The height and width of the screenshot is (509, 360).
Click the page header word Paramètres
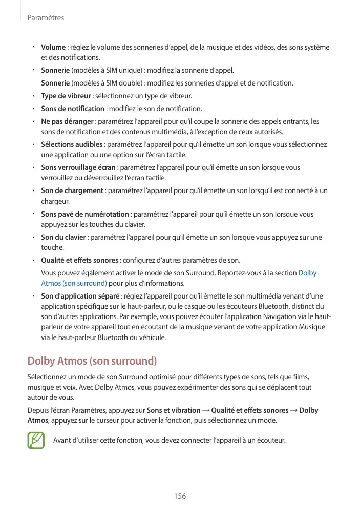click(x=45, y=18)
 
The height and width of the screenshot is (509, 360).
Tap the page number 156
click(x=180, y=496)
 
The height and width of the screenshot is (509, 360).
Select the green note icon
click(x=36, y=440)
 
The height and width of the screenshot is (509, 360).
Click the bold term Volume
click(x=53, y=48)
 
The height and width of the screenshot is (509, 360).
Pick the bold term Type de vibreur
click(x=66, y=96)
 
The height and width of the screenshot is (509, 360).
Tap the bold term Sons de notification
click(x=72, y=109)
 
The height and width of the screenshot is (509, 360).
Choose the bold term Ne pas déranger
click(x=67, y=121)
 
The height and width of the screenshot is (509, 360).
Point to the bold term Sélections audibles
click(x=72, y=144)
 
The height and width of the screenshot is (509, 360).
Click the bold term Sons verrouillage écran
click(x=78, y=167)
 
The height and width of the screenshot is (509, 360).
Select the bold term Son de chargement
click(x=72, y=191)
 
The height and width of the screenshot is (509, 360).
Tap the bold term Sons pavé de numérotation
click(x=84, y=214)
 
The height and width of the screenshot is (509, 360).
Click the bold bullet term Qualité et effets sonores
click(x=79, y=260)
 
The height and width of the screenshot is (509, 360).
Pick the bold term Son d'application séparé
click(x=80, y=296)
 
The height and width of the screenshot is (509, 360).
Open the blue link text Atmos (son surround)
click(x=74, y=283)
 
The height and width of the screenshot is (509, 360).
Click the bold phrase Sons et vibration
click(x=174, y=410)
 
